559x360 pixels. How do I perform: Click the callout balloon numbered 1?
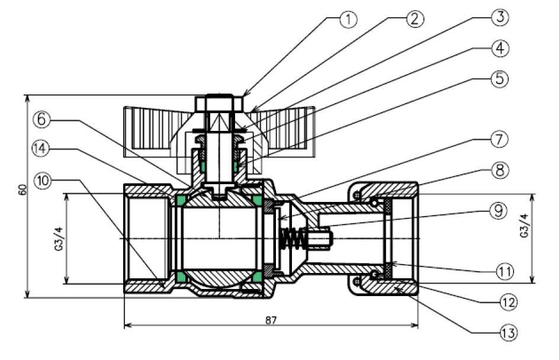point(349,19)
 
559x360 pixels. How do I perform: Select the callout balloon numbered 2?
point(415,19)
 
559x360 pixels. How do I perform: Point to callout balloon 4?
point(500,48)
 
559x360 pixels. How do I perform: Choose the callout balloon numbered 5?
point(500,78)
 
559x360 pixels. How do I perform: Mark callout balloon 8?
point(500,171)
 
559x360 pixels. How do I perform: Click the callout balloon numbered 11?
point(500,271)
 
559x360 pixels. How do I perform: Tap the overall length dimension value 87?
point(271,319)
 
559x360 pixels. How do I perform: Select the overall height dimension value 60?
point(23,190)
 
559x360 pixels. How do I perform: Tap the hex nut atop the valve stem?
point(219,105)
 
